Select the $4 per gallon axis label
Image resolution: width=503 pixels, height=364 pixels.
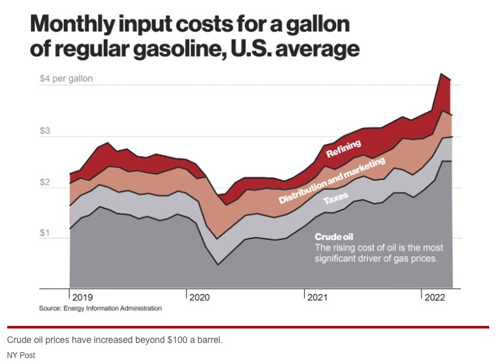[65, 79]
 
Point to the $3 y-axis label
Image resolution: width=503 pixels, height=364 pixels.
[45, 131]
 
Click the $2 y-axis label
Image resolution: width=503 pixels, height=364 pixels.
[45, 182]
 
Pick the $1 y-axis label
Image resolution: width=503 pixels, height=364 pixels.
[45, 233]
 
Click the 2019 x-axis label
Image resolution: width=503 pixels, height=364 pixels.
[83, 298]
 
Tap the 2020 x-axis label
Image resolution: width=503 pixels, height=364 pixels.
[200, 298]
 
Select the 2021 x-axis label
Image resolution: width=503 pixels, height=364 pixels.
[317, 298]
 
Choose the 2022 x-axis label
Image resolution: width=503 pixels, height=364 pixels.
[434, 298]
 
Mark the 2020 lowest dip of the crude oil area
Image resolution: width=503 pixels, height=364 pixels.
[217, 264]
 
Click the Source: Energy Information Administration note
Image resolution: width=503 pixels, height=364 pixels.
[100, 308]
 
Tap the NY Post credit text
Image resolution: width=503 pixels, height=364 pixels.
[21, 355]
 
